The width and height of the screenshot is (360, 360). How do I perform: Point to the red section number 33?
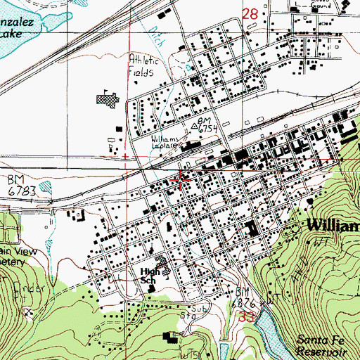pos(245,318)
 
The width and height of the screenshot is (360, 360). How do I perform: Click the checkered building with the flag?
pos(106,101)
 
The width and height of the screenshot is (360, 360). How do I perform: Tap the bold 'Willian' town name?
pos(333,226)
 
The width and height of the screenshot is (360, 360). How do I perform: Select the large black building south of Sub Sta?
pos(170,337)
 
